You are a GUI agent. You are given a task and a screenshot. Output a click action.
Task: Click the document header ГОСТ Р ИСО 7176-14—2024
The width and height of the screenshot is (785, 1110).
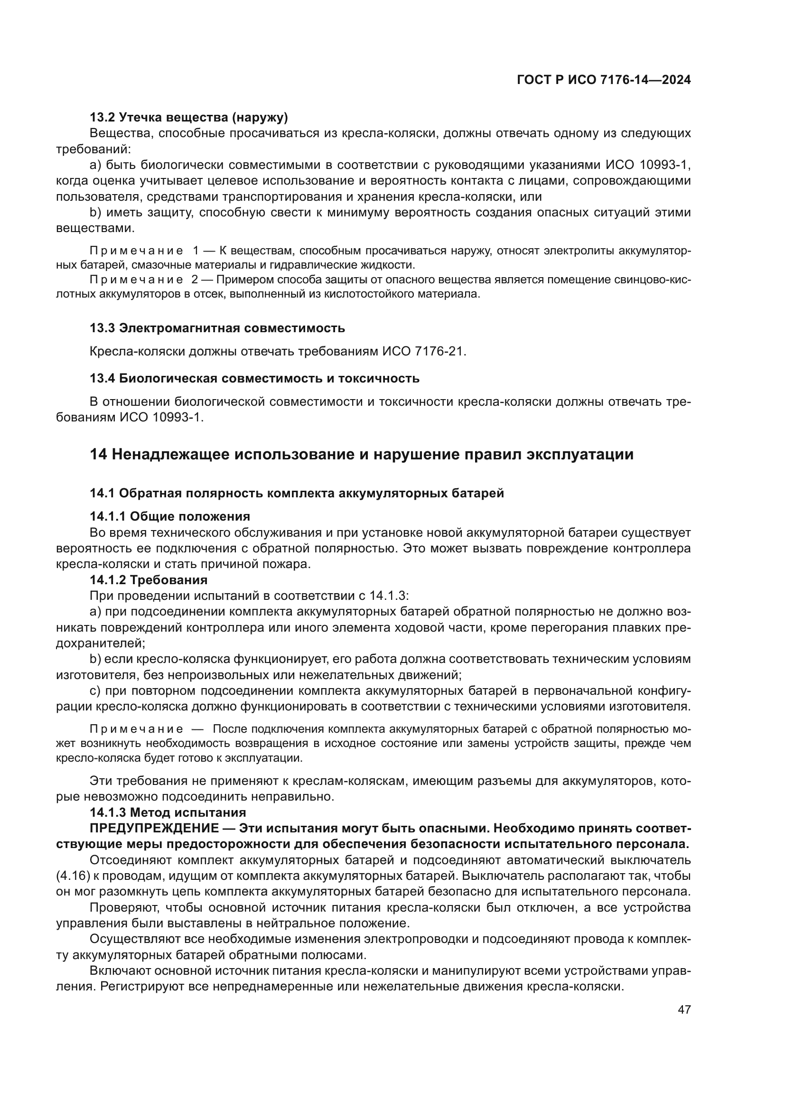pyautogui.click(x=604, y=80)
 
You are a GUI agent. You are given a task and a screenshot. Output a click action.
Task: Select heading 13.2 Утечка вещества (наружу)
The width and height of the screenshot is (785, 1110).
pyautogui.click(x=188, y=117)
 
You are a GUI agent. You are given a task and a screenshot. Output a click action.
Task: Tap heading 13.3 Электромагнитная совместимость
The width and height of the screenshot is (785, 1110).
pyautogui.click(x=217, y=328)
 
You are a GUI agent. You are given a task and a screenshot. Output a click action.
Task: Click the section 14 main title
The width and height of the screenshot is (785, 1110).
pyautogui.click(x=361, y=455)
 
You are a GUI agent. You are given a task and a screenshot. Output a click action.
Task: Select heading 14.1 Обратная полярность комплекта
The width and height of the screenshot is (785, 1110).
pyautogui.click(x=296, y=493)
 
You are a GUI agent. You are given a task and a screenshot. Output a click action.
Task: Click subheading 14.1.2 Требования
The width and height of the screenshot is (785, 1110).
pyautogui.click(x=149, y=579)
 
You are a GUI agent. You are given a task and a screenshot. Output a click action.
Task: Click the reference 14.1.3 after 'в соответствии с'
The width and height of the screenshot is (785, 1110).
pyautogui.click(x=389, y=596)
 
